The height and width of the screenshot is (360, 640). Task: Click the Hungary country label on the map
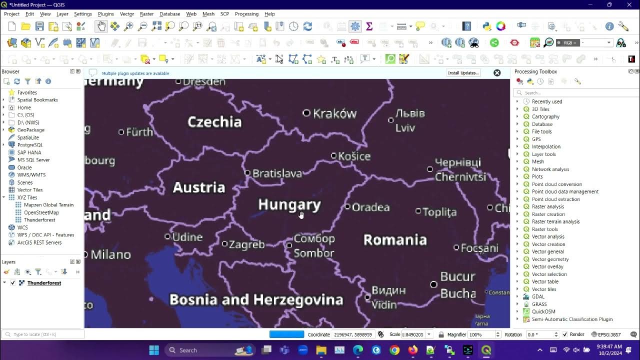coord(289,204)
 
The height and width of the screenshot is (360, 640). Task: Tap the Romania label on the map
coord(395,240)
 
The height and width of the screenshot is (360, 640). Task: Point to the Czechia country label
coord(214,122)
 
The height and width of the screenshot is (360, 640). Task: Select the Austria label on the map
coord(199,187)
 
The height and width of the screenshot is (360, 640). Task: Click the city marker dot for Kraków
coord(306,113)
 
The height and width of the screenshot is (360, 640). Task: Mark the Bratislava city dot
coord(247,173)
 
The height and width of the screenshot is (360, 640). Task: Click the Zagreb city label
coord(246,244)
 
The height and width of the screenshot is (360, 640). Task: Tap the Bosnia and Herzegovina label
coord(256,299)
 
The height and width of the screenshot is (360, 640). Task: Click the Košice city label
coord(354,156)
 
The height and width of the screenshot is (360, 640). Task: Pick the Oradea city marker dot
coord(347,206)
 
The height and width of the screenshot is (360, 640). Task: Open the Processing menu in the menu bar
coord(246,14)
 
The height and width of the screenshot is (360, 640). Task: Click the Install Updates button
coord(463,73)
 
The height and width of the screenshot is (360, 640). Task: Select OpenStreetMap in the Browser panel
coord(41,212)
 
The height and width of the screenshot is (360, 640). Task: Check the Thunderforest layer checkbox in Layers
coord(13,283)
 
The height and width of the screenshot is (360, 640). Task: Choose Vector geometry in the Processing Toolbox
coord(550,259)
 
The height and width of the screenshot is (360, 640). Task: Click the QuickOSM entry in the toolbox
coord(543,311)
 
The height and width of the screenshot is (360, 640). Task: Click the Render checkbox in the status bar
coord(565,334)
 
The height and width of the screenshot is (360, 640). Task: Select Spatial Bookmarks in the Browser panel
coord(37,100)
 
